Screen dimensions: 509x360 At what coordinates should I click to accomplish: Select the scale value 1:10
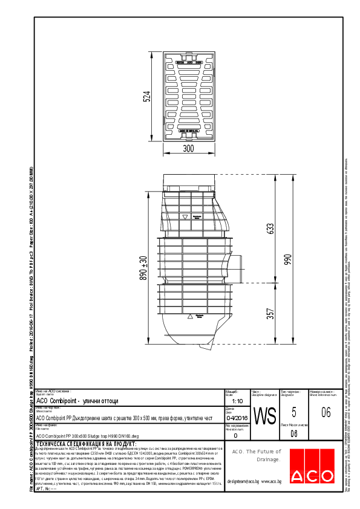click(x=237, y=401)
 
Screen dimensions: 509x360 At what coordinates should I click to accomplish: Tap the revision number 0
click(x=235, y=435)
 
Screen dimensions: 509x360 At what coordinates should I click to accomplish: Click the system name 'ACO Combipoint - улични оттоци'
click(x=77, y=401)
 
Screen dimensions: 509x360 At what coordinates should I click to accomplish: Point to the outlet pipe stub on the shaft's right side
click(x=238, y=268)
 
